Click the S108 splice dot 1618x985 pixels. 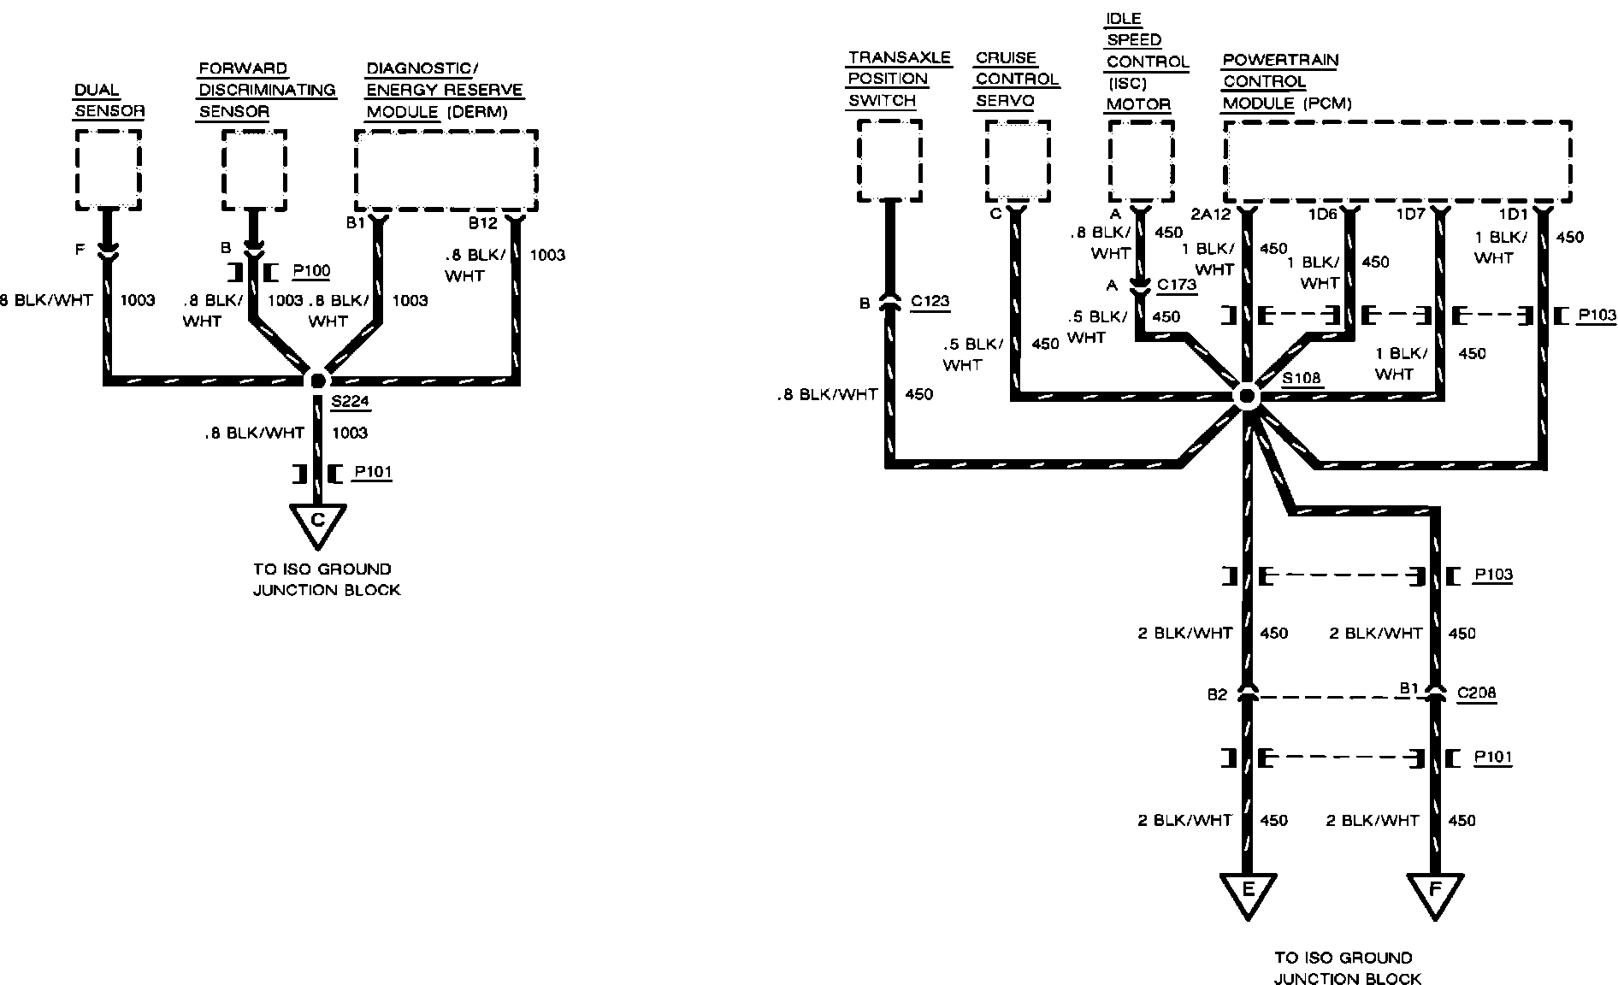pyautogui.click(x=1247, y=397)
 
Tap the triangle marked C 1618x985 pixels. pyautogui.click(x=317, y=522)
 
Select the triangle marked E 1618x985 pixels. pyautogui.click(x=1247, y=892)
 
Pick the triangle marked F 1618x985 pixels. pyautogui.click(x=1435, y=892)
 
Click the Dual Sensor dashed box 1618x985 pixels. pyautogui.click(x=109, y=170)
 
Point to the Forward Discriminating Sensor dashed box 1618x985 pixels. pyautogui.click(x=254, y=170)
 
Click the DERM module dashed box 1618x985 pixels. pyautogui.click(x=446, y=170)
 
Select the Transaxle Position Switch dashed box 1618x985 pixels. pyautogui.click(x=889, y=161)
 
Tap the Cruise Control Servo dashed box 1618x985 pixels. pyautogui.click(x=1017, y=161)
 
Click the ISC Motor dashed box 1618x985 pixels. pyautogui.click(x=1141, y=161)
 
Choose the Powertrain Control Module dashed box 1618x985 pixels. pyautogui.click(x=1397, y=161)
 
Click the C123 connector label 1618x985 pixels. pyautogui.click(x=930, y=301)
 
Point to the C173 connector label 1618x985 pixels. pyautogui.click(x=1177, y=285)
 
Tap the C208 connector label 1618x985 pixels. pyautogui.click(x=1476, y=693)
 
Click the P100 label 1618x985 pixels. pyautogui.click(x=311, y=271)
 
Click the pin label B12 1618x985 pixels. pyautogui.click(x=482, y=224)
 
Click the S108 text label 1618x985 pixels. pyautogui.click(x=1301, y=378)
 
